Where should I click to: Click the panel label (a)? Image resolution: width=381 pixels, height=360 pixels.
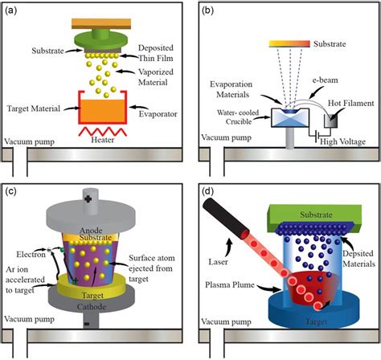[10, 10]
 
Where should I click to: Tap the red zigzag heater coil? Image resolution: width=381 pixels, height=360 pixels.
[102, 132]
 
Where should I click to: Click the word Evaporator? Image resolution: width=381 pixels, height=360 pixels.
[158, 114]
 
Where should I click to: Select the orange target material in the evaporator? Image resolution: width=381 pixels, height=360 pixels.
[102, 112]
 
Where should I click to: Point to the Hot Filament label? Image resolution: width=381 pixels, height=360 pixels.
[351, 103]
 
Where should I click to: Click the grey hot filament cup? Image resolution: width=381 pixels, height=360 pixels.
[331, 121]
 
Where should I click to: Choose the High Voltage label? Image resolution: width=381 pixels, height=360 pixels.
[342, 141]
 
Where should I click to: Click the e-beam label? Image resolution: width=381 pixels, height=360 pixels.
[325, 80]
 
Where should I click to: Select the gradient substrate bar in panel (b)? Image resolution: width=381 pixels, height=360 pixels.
[289, 43]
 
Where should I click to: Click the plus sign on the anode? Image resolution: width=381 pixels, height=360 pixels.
[88, 198]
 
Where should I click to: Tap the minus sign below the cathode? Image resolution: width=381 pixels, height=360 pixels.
[87, 324]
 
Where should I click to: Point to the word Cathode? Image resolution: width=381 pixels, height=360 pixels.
[92, 306]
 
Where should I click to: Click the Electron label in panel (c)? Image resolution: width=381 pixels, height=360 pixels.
[31, 254]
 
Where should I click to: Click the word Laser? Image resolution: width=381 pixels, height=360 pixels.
[218, 262]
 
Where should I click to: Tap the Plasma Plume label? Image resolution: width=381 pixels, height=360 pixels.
[230, 284]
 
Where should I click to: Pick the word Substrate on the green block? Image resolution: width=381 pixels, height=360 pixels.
[316, 215]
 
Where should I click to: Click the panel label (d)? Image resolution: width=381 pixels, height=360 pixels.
[207, 191]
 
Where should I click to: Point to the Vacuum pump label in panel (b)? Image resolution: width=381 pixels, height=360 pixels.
[227, 137]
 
